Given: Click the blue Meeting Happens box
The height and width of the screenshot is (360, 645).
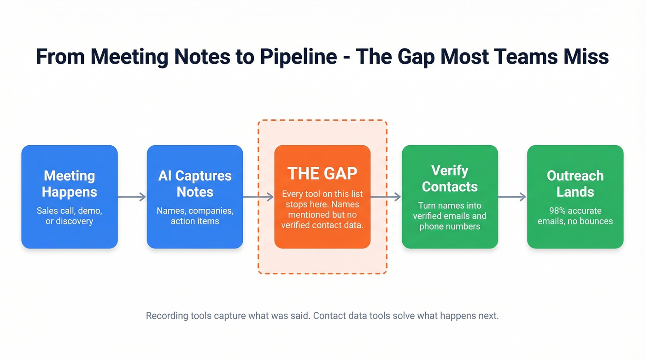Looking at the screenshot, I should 70,197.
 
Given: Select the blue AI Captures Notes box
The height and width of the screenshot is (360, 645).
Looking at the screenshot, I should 195,197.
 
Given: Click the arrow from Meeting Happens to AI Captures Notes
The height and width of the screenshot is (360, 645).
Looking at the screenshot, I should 132,197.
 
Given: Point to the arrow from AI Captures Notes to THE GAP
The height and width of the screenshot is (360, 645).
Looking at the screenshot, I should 258,197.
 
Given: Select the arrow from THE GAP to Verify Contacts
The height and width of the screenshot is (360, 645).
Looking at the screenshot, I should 386,197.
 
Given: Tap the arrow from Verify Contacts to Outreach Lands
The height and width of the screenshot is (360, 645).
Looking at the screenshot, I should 512,197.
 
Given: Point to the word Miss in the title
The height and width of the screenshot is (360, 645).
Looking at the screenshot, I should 586,57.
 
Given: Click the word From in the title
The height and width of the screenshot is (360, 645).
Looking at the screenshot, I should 60,57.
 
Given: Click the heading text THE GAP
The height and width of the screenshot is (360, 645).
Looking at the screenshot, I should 322,173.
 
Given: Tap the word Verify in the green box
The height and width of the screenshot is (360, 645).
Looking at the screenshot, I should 450,171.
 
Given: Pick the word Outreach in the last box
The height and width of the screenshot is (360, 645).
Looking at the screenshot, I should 575,176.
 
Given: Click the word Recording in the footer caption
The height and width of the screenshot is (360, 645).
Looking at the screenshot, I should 167,316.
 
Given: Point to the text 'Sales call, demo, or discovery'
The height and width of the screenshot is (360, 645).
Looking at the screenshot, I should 70,216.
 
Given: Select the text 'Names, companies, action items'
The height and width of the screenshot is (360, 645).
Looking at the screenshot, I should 195,216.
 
